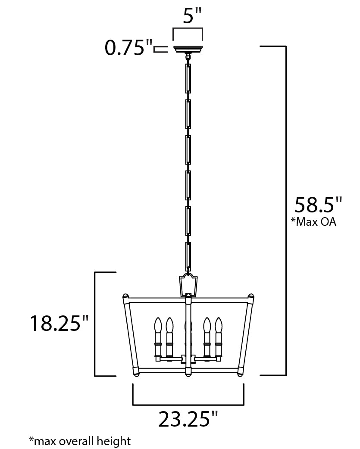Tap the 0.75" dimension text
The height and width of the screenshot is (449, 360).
coord(129,48)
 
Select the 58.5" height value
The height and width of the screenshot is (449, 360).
coord(318,205)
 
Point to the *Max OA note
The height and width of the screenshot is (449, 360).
coord(313,222)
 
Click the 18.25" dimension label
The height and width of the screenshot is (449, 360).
coord(59,323)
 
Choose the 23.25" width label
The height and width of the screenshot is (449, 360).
coord(188,419)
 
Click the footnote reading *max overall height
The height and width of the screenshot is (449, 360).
coord(80,441)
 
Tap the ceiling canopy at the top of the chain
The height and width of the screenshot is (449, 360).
coord(188,49)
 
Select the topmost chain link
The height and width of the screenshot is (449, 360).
coord(188,78)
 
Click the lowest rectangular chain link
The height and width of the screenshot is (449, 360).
coord(188,256)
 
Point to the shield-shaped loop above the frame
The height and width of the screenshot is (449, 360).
coord(188,284)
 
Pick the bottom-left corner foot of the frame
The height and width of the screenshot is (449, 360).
coord(136,371)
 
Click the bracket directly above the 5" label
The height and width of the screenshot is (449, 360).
coord(188,32)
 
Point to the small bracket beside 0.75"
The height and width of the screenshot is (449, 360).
coord(161,49)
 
